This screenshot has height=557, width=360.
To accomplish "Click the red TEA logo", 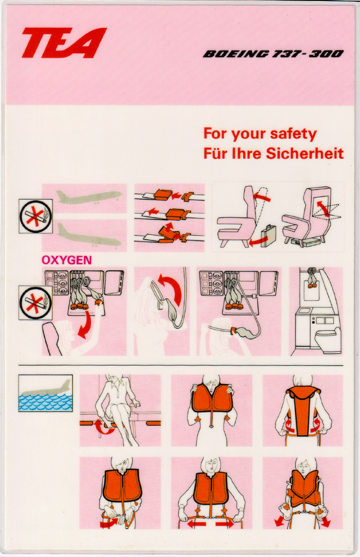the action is click(x=64, y=42).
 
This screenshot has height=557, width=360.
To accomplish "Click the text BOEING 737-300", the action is click(x=273, y=54).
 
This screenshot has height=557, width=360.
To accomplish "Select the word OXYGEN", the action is click(x=66, y=260).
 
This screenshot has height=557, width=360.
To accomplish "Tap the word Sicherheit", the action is click(x=305, y=153).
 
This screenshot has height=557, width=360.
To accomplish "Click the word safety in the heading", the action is click(x=293, y=134).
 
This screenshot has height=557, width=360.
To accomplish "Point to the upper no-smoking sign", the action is click(x=35, y=216).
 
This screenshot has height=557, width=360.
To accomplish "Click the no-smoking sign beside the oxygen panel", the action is click(x=35, y=302).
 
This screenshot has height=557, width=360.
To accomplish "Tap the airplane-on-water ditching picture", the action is click(x=46, y=393).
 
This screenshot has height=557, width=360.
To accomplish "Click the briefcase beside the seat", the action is click(x=269, y=235).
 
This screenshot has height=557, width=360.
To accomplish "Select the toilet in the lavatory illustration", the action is click(x=327, y=339).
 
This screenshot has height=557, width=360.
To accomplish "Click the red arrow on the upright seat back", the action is click(x=262, y=196).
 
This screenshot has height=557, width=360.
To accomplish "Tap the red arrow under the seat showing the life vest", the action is click(x=105, y=426).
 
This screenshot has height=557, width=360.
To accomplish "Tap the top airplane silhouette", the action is click(x=90, y=197).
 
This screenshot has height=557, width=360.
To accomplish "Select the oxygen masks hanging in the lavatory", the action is click(x=313, y=277).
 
